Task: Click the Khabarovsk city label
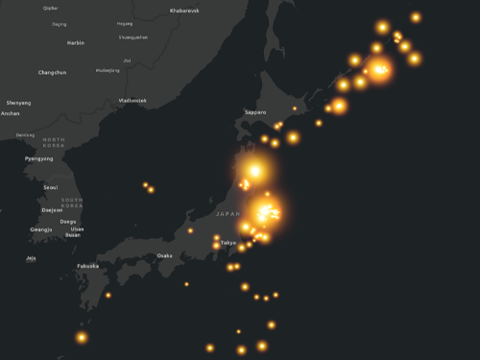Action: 184,11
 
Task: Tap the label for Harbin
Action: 76,42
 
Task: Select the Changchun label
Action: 52,72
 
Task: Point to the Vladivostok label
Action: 132,100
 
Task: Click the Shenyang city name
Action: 18,103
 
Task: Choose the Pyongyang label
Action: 39,158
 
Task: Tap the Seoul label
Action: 51,187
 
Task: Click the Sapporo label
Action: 255,112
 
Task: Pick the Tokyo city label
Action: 228,243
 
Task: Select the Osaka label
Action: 165,255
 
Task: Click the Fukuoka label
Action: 87,266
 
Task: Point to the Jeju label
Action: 31,257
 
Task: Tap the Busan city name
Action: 73,234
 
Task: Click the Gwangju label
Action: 41,229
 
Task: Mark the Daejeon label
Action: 52,209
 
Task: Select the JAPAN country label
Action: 228,213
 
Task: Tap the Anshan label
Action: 11,113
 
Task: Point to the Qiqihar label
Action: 51,8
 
